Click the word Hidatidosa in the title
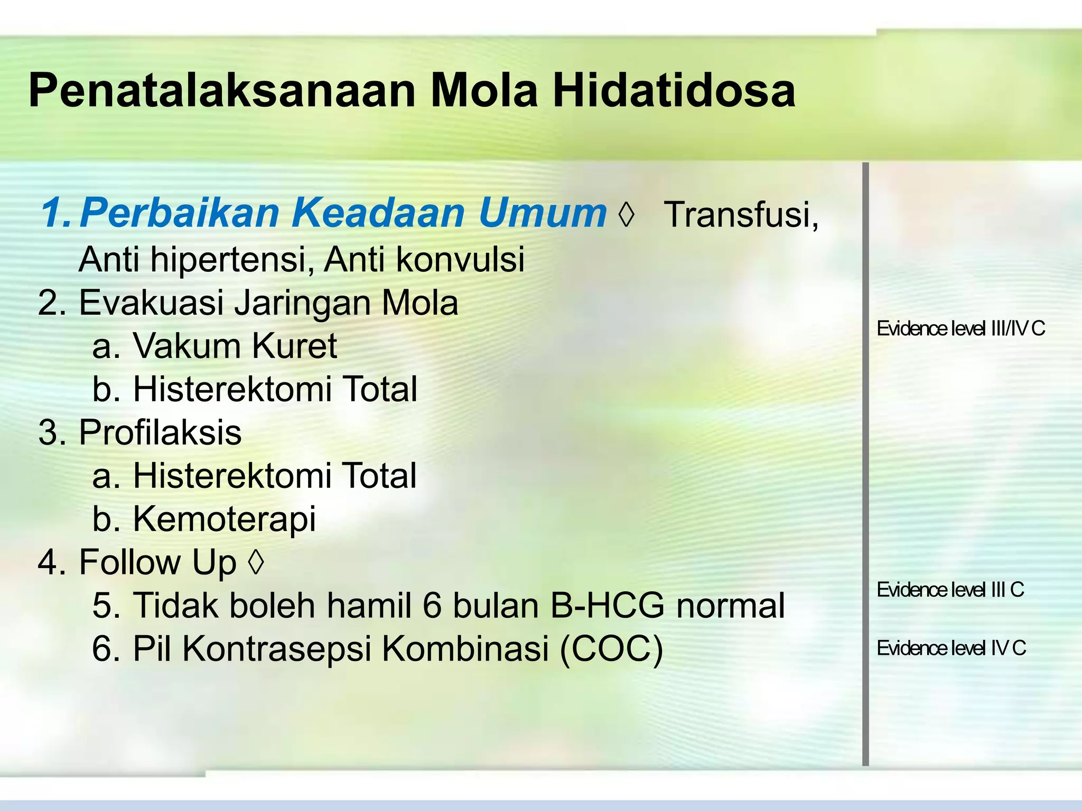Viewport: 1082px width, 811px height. pos(674,91)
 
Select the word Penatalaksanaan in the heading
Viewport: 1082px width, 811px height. pos(222,91)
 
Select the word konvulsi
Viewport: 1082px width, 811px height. pos(460,260)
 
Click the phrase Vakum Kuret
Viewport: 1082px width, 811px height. pos(235,346)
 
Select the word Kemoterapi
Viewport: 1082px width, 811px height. pos(225,519)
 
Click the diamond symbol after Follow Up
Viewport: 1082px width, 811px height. pos(256,563)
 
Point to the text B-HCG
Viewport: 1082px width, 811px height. pos(607,606)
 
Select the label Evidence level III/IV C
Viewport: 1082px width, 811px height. pos(960,329)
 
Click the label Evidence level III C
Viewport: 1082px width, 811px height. pos(950,590)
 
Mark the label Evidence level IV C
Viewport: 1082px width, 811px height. pos(951,648)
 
